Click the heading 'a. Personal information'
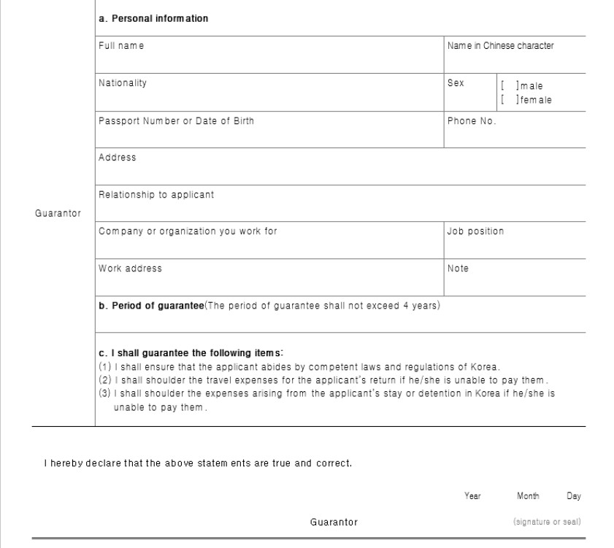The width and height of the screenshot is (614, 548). pos(153,18)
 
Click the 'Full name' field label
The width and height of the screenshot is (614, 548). pos(121,46)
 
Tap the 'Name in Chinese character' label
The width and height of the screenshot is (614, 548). pos(500,46)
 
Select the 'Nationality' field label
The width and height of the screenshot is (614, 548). pos(123,83)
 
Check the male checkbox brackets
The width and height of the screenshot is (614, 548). pos(507,86)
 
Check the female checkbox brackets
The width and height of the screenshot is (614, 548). pos(507,100)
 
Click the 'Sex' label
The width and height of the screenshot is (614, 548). pos(456,83)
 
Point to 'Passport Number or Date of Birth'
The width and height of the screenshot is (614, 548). pos(176,121)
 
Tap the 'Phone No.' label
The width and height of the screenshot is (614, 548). pos(472,121)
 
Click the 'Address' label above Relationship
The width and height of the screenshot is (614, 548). pos(117,158)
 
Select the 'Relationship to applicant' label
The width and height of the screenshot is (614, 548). pos(156,195)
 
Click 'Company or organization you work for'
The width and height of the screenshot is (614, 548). pos(188,231)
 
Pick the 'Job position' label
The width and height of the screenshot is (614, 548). pos(475,231)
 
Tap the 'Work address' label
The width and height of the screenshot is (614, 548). pos(130,269)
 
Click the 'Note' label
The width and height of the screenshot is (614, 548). pos(458,269)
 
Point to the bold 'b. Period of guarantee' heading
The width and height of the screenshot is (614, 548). pos(151,306)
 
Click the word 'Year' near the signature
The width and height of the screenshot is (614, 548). pos(472,496)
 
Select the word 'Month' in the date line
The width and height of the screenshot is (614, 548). pos(528,496)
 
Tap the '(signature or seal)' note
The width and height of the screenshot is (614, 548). pos(547,522)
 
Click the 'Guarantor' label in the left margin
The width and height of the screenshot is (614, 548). pos(58,213)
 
